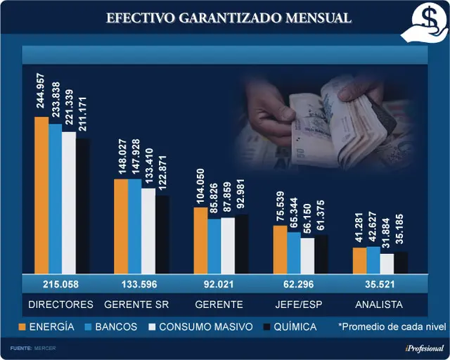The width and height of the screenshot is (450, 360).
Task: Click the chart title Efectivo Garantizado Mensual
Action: pyautogui.click(x=229, y=18)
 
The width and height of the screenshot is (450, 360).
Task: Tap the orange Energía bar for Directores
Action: pyautogui.click(x=41, y=195)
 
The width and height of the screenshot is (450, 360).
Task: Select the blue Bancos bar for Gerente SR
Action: pyautogui.click(x=135, y=226)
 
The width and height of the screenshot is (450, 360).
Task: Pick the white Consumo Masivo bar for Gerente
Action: pyautogui.click(x=228, y=245)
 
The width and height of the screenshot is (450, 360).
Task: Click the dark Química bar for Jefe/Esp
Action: pyautogui.click(x=321, y=254)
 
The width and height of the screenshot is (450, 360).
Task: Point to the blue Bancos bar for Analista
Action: pyautogui.click(x=373, y=260)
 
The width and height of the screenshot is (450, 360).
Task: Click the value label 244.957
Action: pyautogui.click(x=41, y=91)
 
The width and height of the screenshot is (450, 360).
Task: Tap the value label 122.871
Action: pyautogui.click(x=162, y=172)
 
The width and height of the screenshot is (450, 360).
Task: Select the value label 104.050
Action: pyautogui.click(x=200, y=186)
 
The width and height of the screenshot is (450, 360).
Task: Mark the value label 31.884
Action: pyautogui.click(x=386, y=233)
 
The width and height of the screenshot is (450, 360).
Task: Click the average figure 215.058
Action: pyautogui.click(x=60, y=284)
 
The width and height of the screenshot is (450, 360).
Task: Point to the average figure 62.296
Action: pyautogui.click(x=298, y=284)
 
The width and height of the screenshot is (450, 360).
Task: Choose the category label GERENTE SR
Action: pyautogui.click(x=136, y=304)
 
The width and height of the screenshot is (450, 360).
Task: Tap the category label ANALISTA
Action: pyautogui.click(x=379, y=304)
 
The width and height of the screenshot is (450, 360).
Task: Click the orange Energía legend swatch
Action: pyautogui.click(x=22, y=327)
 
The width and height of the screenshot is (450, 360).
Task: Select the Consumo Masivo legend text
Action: pyautogui.click(x=206, y=327)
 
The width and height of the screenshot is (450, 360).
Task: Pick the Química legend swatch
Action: pyautogui.click(x=267, y=327)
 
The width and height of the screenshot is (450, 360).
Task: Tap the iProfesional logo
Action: pyautogui.click(x=425, y=349)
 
